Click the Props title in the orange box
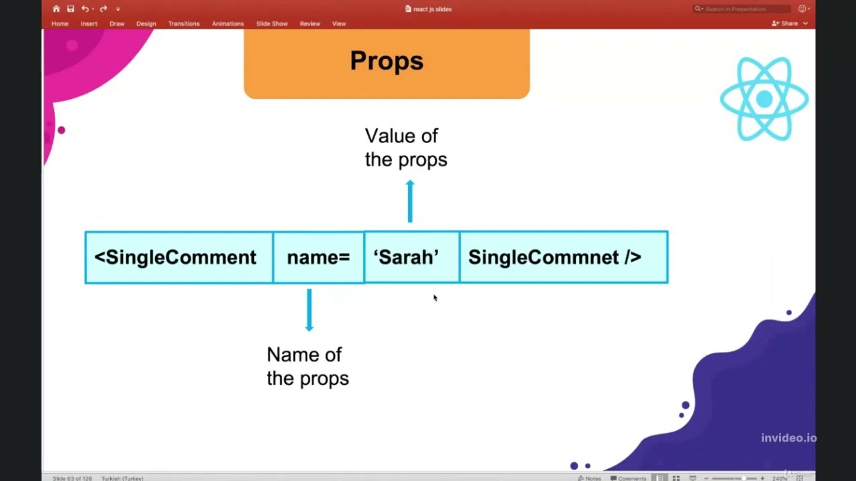click(387, 61)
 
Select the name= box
click(318, 257)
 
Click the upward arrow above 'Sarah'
click(410, 201)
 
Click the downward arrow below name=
click(309, 310)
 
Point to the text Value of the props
click(405, 148)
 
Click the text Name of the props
click(307, 366)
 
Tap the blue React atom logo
click(764, 99)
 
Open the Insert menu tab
click(89, 23)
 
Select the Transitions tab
click(184, 23)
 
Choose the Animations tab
click(227, 23)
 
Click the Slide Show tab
click(272, 23)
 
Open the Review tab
click(310, 23)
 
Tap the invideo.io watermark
click(788, 438)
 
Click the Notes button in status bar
click(589, 478)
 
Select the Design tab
click(146, 23)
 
